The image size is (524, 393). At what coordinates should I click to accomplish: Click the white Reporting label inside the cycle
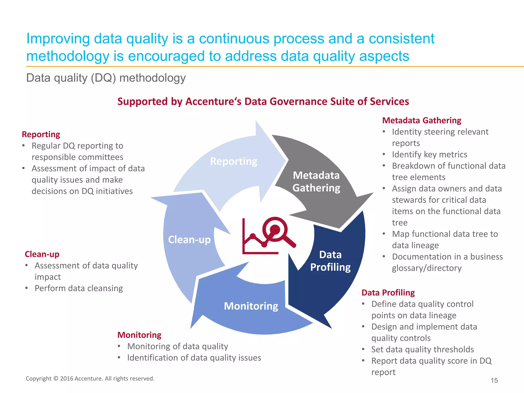pyautogui.click(x=234, y=161)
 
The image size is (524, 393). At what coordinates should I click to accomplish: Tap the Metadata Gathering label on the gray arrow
pyautogui.click(x=316, y=182)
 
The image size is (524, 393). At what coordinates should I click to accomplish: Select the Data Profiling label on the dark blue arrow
pyautogui.click(x=330, y=261)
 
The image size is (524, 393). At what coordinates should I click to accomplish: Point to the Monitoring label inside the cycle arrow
pyautogui.click(x=251, y=306)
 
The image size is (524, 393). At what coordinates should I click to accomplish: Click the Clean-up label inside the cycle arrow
pyautogui.click(x=189, y=240)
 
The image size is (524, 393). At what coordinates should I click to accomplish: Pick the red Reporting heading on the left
pyautogui.click(x=41, y=134)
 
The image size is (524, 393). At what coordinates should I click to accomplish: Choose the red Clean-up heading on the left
pyautogui.click(x=42, y=254)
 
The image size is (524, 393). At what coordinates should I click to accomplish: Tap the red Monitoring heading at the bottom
pyautogui.click(x=139, y=335)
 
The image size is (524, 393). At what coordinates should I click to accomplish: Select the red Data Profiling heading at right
pyautogui.click(x=388, y=292)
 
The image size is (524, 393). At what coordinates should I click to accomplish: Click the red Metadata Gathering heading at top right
pyautogui.click(x=422, y=120)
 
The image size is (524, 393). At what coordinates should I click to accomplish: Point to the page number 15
pyautogui.click(x=494, y=380)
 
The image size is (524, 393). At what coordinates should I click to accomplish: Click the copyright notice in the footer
pyautogui.click(x=90, y=378)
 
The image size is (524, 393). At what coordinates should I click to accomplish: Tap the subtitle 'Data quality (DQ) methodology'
pyautogui.click(x=106, y=78)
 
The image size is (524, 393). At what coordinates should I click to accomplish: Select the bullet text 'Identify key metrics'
pyautogui.click(x=429, y=155)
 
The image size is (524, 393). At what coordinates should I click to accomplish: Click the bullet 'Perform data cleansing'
pyautogui.click(x=79, y=288)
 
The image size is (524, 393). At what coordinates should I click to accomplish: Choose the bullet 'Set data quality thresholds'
pyautogui.click(x=422, y=350)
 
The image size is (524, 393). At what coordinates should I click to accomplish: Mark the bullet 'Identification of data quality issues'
pyautogui.click(x=194, y=358)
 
